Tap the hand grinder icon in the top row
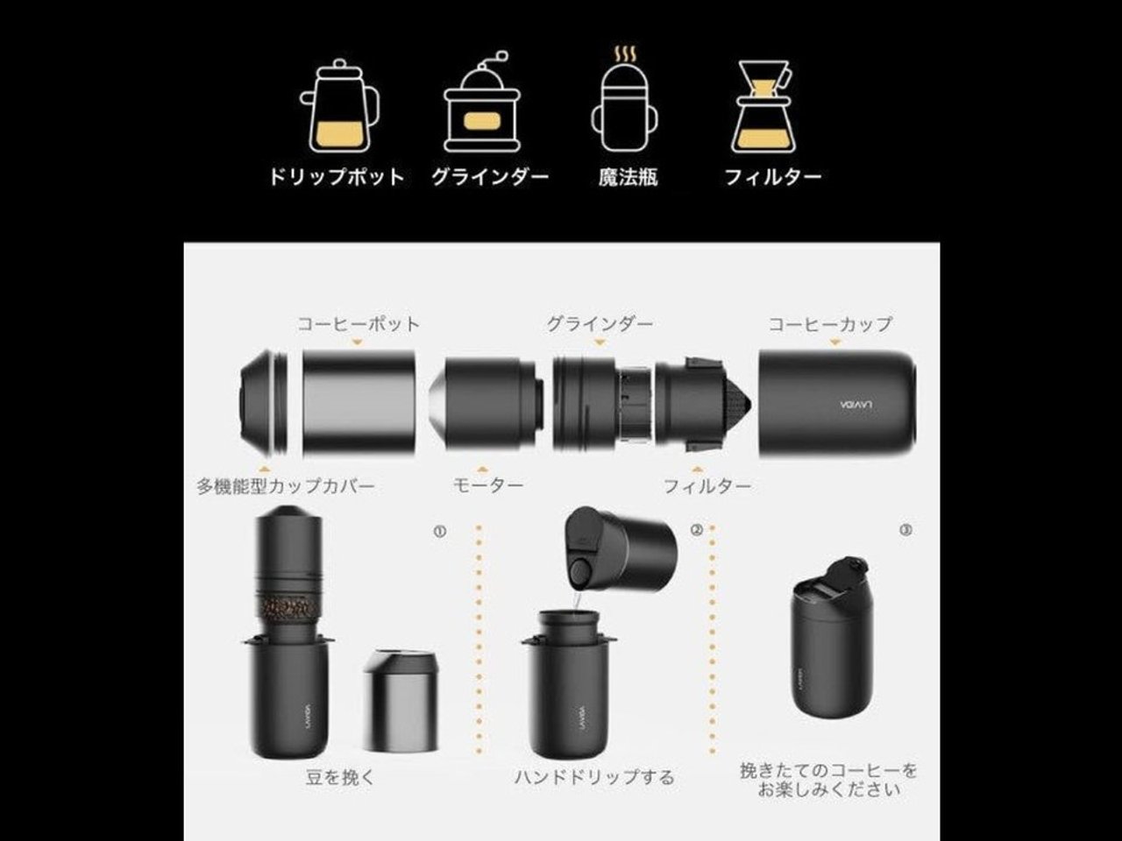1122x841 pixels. [x=482, y=102]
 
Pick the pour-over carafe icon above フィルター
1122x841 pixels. [x=763, y=107]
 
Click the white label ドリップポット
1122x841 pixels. [x=337, y=177]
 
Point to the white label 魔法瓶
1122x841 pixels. [x=628, y=177]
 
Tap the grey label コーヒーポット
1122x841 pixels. [x=359, y=324]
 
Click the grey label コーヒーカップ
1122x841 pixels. [x=831, y=324]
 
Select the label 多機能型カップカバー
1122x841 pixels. [x=286, y=485]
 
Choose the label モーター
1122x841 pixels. [x=488, y=485]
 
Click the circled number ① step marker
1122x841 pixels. [x=440, y=532]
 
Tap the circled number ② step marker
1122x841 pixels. [x=697, y=531]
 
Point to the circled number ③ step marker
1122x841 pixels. [x=905, y=531]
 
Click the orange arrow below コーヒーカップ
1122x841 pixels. [x=835, y=343]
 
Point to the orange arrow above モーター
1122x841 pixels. [x=483, y=469]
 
